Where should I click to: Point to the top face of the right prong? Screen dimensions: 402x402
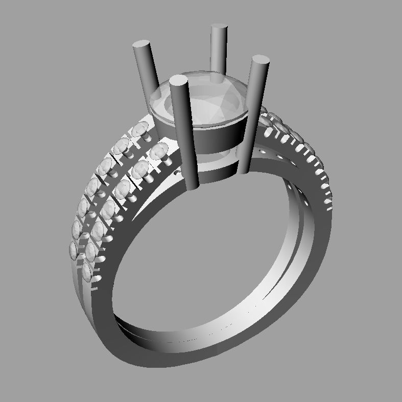(260, 60)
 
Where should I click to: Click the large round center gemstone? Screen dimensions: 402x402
(204, 100)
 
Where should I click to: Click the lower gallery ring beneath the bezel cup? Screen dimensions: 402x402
(215, 171)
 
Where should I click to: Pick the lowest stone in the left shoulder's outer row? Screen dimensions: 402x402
(74, 250)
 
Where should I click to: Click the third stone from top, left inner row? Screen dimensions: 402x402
(123, 188)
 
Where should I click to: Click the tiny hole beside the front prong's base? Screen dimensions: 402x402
(178, 174)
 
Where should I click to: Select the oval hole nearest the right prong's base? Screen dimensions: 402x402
(263, 152)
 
